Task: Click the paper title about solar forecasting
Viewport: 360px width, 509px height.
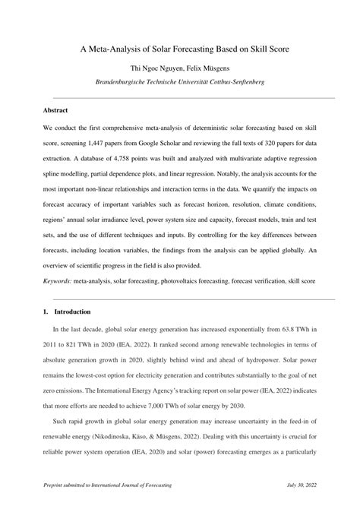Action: (180, 49)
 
